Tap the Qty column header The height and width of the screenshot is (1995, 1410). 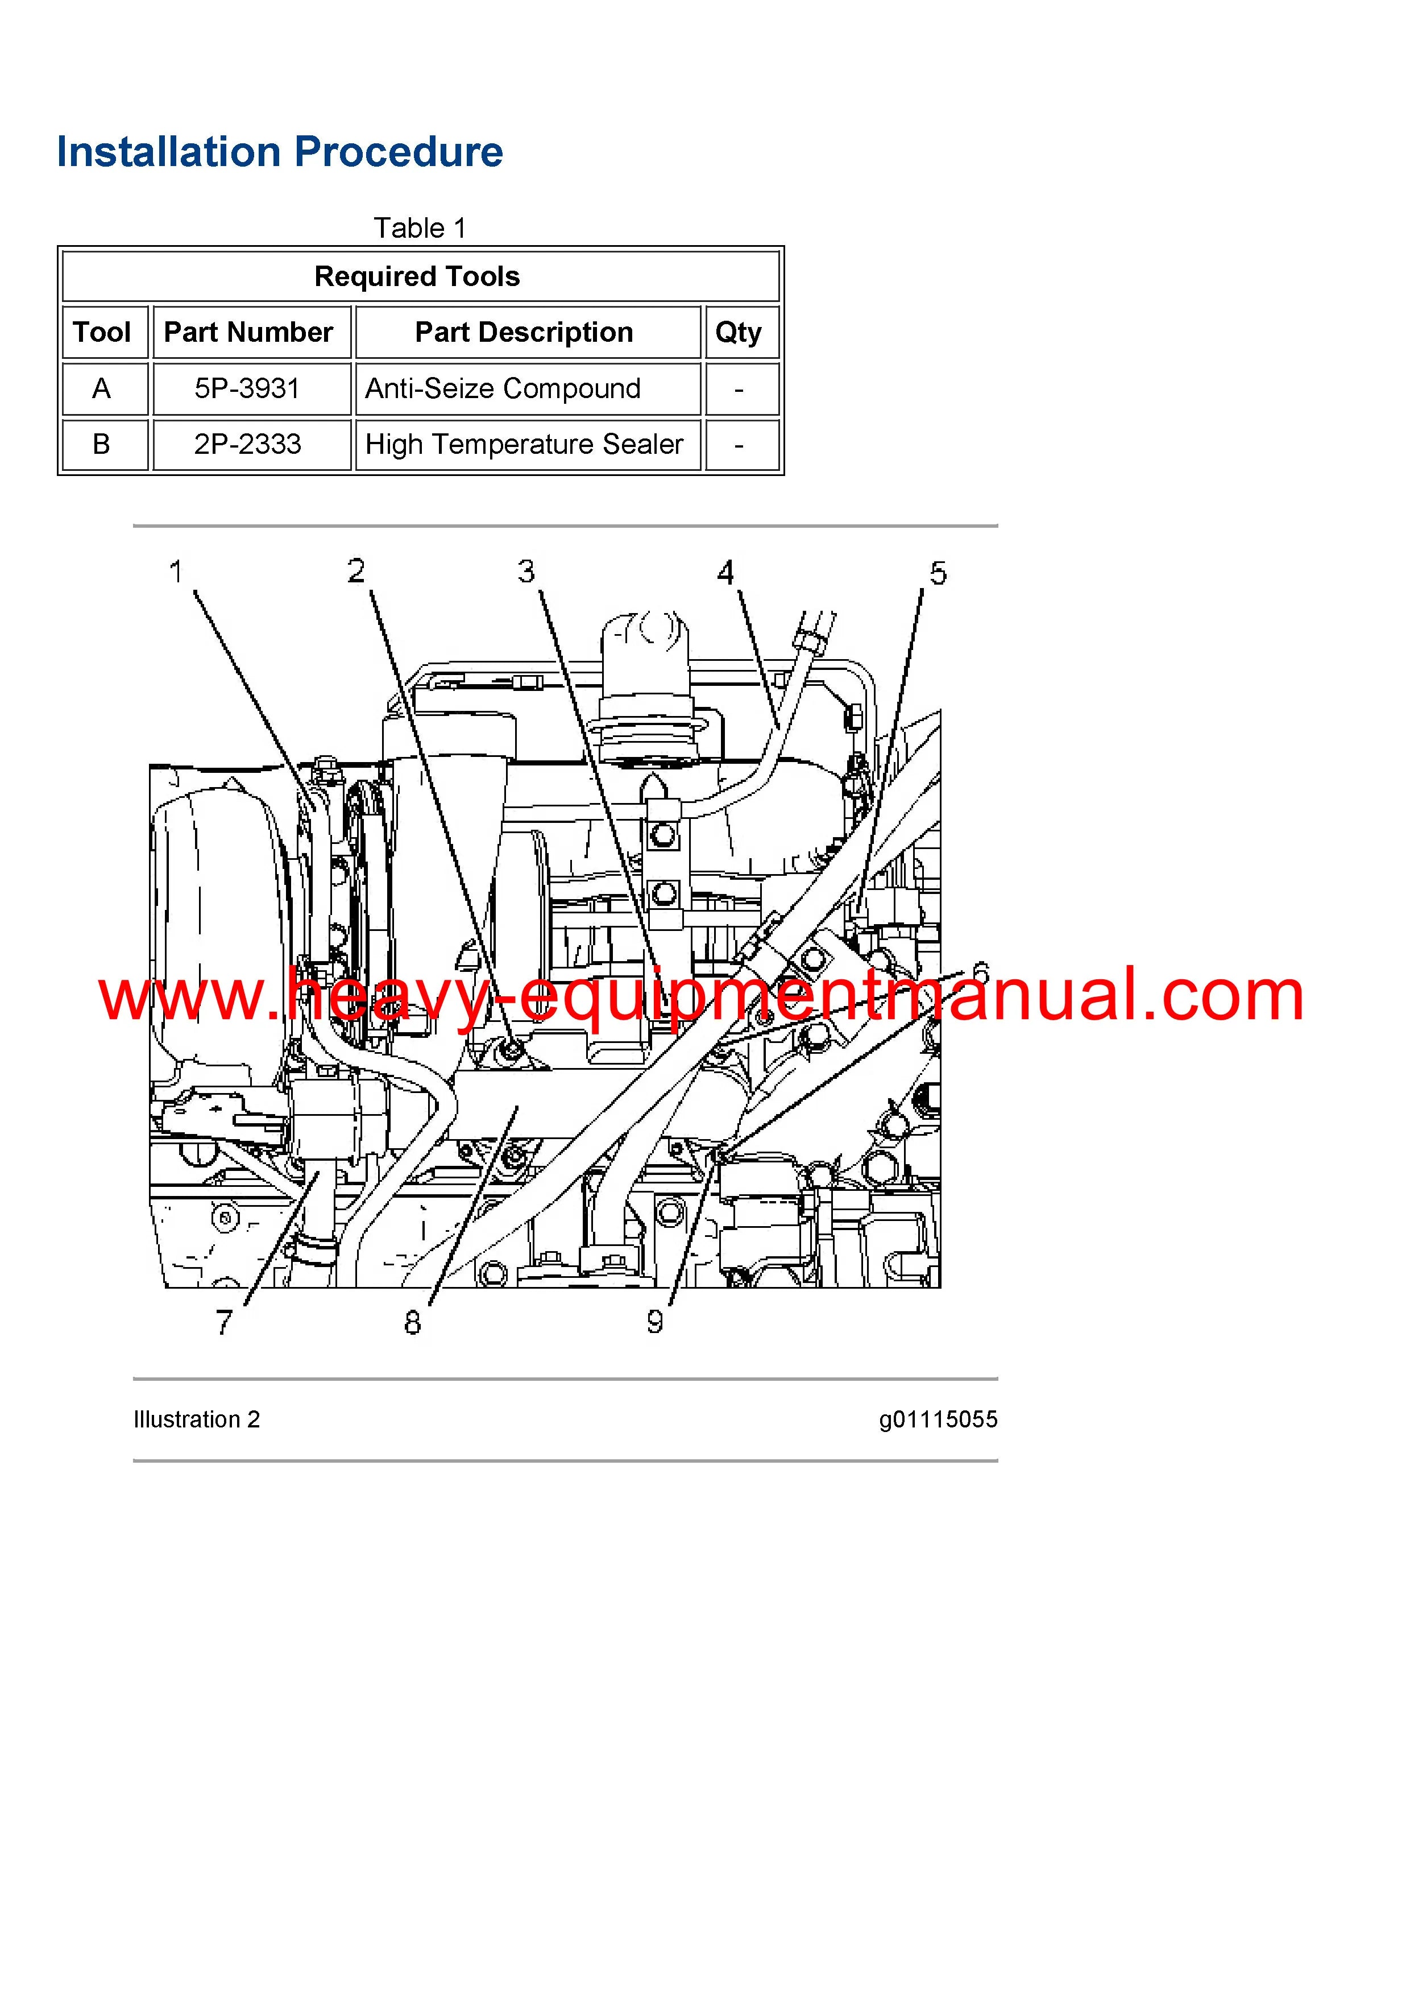(x=739, y=332)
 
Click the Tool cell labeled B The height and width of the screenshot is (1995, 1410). (x=102, y=444)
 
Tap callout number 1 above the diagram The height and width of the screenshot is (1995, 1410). (x=176, y=572)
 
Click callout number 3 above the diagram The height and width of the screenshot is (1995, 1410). (x=526, y=571)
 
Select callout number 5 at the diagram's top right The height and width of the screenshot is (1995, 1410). (x=938, y=573)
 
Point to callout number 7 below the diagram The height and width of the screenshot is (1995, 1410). (x=224, y=1322)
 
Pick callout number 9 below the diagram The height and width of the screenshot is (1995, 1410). (x=655, y=1322)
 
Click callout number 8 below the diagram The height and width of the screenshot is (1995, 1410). (x=413, y=1322)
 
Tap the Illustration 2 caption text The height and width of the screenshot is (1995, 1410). (x=196, y=1420)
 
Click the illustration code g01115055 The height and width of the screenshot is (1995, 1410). (x=938, y=1420)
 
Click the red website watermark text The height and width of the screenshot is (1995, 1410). (x=701, y=996)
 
